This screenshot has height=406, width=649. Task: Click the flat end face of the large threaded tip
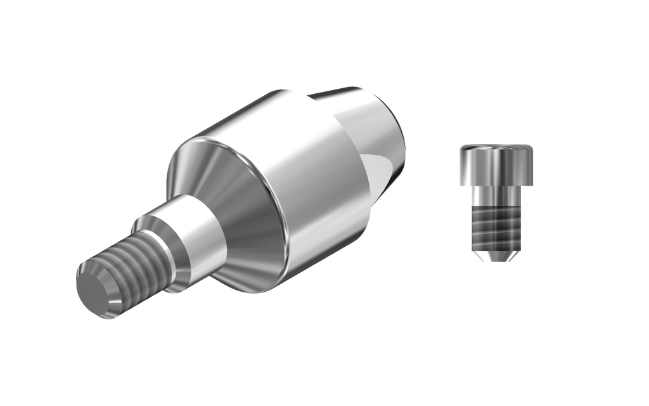tap(95, 291)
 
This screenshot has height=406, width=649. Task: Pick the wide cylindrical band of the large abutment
tap(304, 184)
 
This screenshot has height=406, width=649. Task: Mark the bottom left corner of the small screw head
tap(461, 184)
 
